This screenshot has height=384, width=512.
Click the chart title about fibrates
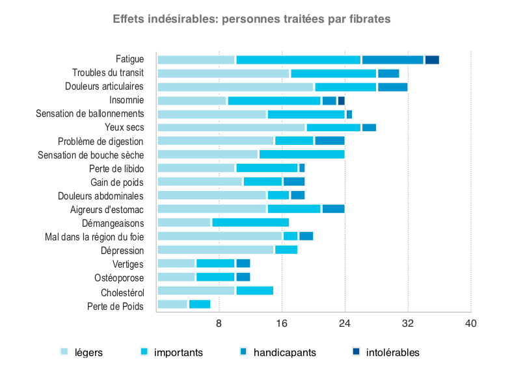[x=251, y=19]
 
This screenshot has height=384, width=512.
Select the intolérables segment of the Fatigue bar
[x=432, y=60]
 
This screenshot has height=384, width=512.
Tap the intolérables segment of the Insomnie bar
[x=341, y=101]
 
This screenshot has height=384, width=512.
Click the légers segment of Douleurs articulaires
[x=236, y=87]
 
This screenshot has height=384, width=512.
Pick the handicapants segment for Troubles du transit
[x=388, y=73]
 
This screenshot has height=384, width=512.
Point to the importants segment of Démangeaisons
[x=250, y=223]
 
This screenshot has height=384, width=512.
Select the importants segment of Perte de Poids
[x=200, y=304]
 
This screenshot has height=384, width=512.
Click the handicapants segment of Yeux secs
[x=369, y=128]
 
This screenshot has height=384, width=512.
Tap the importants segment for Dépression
[x=286, y=250]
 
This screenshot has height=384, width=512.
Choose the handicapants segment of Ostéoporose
[x=243, y=277]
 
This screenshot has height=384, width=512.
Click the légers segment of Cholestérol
[x=196, y=290]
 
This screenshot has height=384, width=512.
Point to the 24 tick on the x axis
[x=345, y=324]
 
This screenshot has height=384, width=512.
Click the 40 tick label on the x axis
[x=470, y=324]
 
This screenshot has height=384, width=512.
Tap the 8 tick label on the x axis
[x=219, y=324]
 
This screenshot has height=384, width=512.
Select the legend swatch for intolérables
[x=356, y=352]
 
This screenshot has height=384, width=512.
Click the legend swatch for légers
[x=64, y=352]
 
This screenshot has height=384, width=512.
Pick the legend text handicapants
[x=284, y=353]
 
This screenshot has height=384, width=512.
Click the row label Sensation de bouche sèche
[x=90, y=155]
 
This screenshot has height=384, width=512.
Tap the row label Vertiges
[x=128, y=264]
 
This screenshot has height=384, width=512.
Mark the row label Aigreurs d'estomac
[x=107, y=209]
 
